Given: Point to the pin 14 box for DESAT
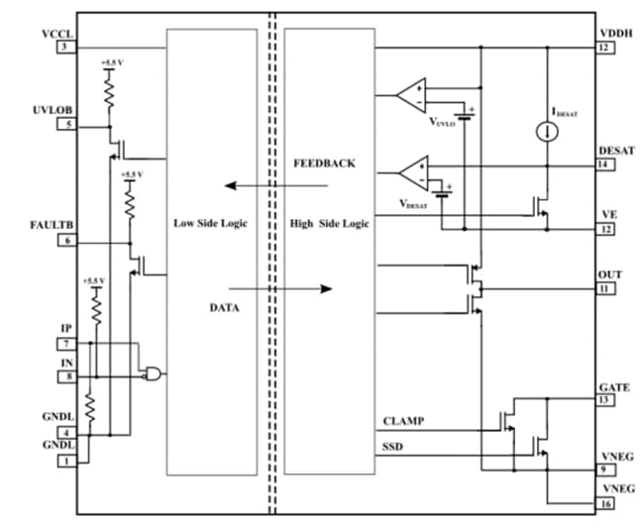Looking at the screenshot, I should point(602,163).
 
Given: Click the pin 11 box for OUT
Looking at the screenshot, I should point(602,289).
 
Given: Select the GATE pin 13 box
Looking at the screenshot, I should point(602,400).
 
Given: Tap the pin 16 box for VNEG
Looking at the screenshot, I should point(602,504).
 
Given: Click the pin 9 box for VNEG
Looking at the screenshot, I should point(602,470).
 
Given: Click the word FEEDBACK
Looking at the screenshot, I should point(324,162).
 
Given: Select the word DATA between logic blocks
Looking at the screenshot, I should point(226,309).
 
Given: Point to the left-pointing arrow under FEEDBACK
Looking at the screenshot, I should point(258,184).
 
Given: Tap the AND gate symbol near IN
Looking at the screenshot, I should point(154,373).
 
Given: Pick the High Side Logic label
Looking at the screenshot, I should point(329,224).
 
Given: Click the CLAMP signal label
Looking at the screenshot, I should point(403,421).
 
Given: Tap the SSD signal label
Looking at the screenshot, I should point(393,447).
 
